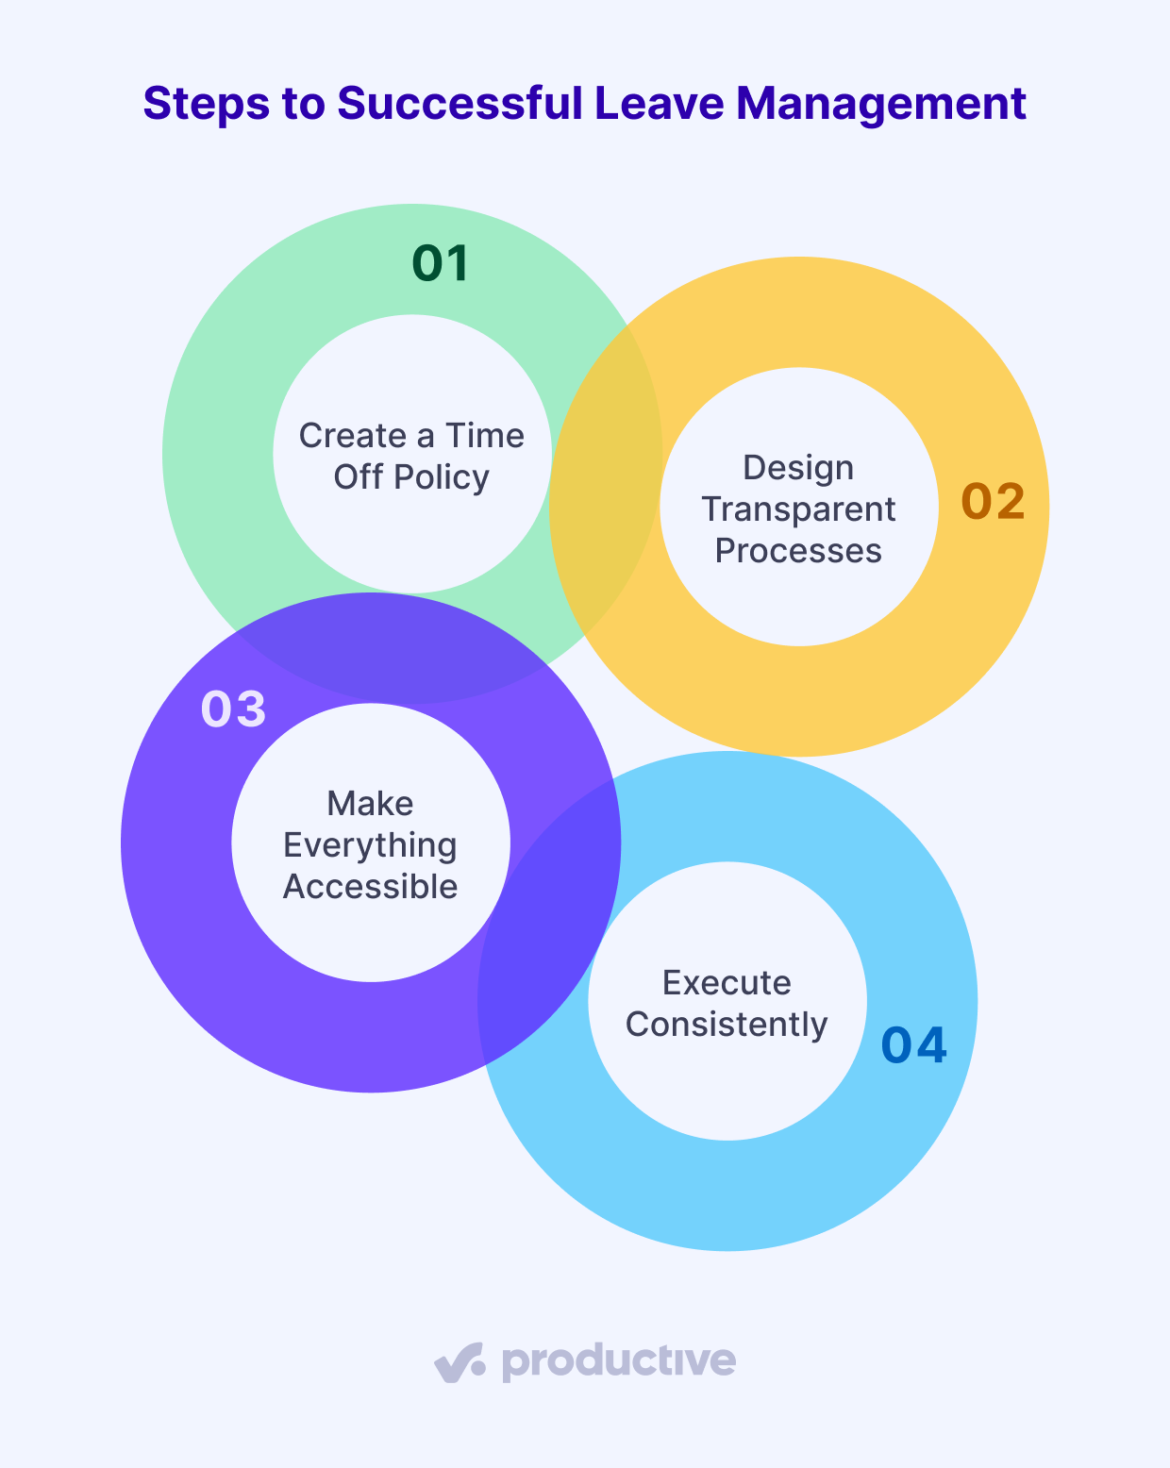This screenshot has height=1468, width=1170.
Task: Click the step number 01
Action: [441, 263]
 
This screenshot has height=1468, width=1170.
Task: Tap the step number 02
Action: [993, 501]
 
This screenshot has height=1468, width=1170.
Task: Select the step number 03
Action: [233, 709]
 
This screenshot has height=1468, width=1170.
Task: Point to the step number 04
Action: [913, 1045]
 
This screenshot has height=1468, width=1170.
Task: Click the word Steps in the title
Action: [200, 104]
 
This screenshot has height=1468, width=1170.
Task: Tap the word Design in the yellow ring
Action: [798, 468]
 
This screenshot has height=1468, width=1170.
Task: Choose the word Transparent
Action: [798, 509]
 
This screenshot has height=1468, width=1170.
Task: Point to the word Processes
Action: [798, 551]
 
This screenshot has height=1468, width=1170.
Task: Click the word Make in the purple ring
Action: [370, 804]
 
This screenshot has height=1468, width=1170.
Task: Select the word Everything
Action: [370, 845]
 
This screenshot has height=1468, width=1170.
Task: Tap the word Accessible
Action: [370, 887]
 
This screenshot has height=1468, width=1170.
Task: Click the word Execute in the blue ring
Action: [727, 983]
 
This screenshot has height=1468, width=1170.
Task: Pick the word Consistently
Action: [727, 1025]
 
